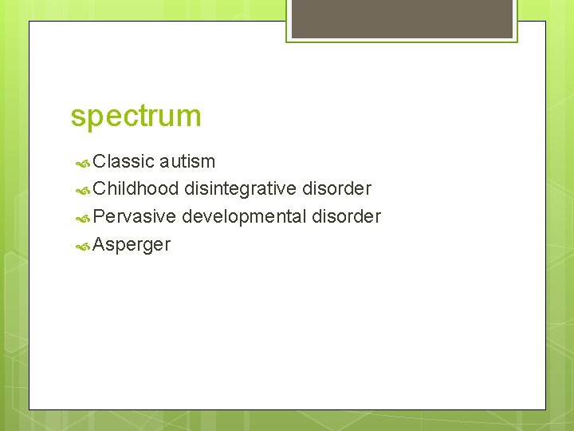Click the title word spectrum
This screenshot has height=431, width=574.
136,117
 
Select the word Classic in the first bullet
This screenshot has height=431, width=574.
124,161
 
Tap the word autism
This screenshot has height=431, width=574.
187,161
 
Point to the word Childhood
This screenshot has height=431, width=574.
136,189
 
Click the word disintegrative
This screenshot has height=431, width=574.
241,189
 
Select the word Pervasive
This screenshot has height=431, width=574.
134,216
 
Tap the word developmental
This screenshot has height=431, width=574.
245,217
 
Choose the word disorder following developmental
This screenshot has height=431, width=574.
347,216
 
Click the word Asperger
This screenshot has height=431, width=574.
132,245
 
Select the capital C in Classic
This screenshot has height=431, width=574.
99,161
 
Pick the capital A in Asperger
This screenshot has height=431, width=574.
100,244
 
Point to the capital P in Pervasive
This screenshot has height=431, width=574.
99,216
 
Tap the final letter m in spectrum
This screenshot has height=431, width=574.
190,117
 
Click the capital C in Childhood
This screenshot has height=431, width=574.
99,189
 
